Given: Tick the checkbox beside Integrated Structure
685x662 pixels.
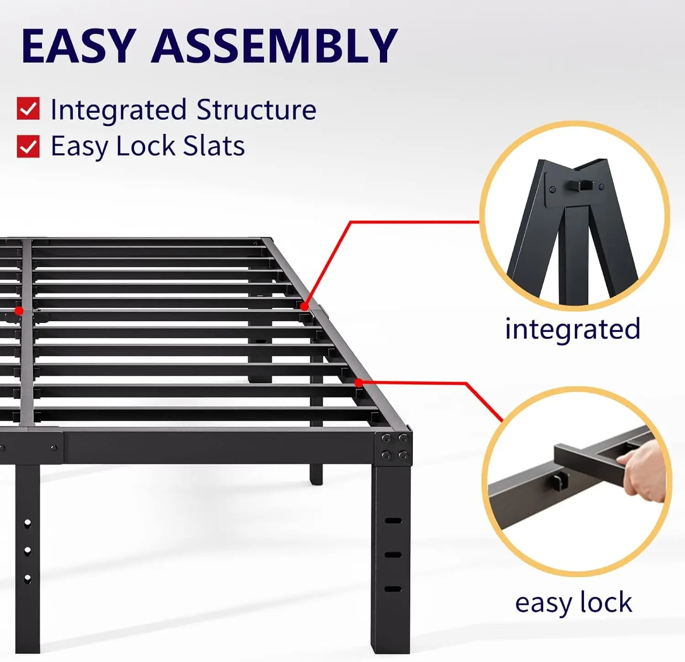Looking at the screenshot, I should pyautogui.click(x=28, y=109).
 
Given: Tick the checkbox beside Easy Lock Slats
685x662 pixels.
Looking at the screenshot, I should pyautogui.click(x=28, y=146).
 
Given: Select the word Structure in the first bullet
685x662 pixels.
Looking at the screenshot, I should pyautogui.click(x=256, y=110).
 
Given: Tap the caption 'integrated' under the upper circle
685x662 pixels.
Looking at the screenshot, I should pyautogui.click(x=573, y=329).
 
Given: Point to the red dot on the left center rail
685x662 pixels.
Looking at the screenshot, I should pyautogui.click(x=19, y=311).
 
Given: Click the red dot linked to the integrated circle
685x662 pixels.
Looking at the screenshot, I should pyautogui.click(x=304, y=306).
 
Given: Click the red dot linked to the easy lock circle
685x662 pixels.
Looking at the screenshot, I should pyautogui.click(x=359, y=383).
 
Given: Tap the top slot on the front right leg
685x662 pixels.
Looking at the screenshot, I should pyautogui.click(x=393, y=520).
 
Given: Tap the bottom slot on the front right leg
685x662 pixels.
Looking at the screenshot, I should pyautogui.click(x=393, y=589).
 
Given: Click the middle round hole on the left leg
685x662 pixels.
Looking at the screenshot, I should pyautogui.click(x=27, y=551).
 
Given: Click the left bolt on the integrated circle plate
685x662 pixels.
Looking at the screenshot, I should pyautogui.click(x=553, y=189).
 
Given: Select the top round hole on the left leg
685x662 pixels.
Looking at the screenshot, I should pyautogui.click(x=27, y=523).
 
